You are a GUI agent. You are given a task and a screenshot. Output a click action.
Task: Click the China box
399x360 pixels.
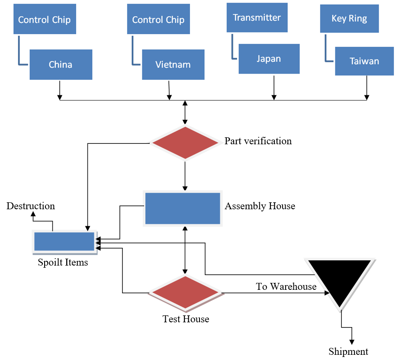pos(61,65)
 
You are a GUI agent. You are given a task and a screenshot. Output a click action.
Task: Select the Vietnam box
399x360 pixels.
pos(173,65)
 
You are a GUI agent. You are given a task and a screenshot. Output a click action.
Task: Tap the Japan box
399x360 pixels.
pos(269,58)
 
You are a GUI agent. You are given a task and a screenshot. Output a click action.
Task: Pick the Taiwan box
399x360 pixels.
pos(364,61)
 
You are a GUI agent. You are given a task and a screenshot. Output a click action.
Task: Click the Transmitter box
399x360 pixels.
pos(257,18)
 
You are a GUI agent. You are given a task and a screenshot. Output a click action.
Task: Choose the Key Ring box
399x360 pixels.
pos(349,19)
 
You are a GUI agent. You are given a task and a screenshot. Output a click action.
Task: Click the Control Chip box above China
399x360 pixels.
pos(45,19)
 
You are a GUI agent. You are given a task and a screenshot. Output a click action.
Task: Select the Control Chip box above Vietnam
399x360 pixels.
pos(158,19)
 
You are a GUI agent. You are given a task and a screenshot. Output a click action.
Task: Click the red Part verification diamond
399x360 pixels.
pos(185,143)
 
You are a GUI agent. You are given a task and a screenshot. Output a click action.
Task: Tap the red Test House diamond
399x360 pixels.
pos(185,293)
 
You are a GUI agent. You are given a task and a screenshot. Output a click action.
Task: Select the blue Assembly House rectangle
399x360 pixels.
pos(183,208)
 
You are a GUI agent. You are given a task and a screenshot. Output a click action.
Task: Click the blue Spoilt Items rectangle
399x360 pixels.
pos(64,242)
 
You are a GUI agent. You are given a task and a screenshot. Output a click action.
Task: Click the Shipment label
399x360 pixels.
pos(348,351)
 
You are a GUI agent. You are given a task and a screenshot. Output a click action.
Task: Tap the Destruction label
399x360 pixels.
pos(31,206)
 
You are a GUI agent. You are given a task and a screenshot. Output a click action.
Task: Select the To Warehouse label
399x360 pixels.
pos(286,286)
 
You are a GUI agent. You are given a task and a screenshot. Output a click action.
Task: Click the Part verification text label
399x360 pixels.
pos(258,141)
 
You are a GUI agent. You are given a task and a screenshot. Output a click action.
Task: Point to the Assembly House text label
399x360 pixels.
pos(260,206)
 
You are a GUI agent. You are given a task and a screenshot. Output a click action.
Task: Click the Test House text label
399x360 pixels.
pos(186,319)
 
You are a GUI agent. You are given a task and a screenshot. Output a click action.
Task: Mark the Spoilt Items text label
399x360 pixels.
pos(63,262)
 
